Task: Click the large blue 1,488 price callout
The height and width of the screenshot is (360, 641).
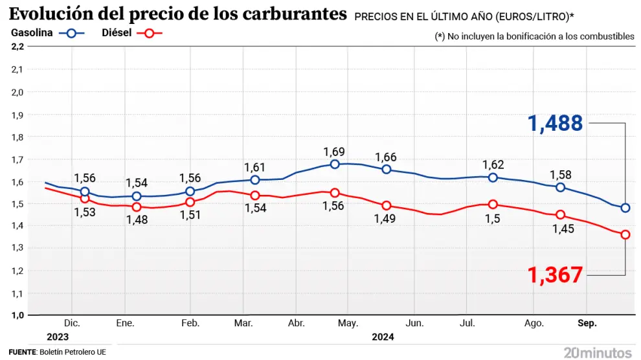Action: (556, 123)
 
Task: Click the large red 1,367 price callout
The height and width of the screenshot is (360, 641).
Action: (556, 275)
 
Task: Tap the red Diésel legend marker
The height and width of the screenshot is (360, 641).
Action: (150, 34)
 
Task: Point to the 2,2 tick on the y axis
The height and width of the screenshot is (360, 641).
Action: (17, 47)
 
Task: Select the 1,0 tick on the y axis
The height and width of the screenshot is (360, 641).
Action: (17, 315)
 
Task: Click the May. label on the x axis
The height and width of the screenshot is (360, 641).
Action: (348, 322)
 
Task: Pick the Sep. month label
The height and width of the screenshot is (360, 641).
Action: (587, 322)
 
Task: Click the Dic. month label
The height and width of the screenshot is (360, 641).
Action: (72, 322)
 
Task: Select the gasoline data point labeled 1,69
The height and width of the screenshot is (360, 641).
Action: (335, 164)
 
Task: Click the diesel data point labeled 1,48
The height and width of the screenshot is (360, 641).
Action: (137, 207)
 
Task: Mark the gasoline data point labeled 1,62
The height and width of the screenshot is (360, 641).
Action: (493, 177)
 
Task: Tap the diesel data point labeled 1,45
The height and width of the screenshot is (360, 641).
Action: (561, 215)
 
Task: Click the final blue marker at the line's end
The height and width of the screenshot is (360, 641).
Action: (625, 208)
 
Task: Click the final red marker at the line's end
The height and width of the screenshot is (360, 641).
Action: (625, 234)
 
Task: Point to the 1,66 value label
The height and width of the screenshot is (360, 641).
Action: (386, 157)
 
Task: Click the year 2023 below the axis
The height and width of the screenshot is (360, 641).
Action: (57, 337)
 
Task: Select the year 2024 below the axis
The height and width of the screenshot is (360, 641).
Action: (382, 337)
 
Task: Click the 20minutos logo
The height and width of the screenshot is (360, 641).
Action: (597, 352)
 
